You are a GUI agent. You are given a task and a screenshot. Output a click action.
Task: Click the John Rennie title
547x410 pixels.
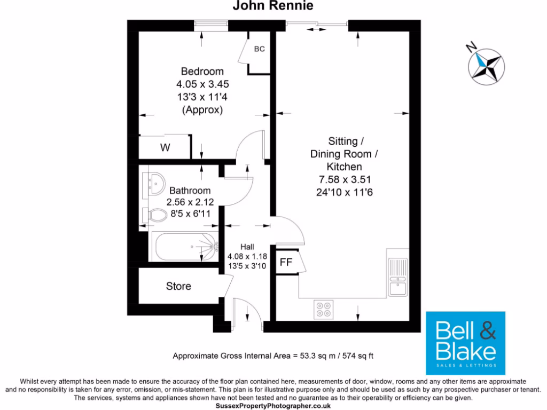point(272,6)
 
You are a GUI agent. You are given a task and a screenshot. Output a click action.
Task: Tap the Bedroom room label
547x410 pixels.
point(202,72)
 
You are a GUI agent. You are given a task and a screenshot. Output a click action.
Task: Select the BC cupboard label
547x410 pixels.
point(259,49)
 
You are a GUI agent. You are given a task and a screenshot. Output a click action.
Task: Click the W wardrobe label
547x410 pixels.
point(165,148)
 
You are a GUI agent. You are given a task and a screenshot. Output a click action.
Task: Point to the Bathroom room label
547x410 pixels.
point(190,191)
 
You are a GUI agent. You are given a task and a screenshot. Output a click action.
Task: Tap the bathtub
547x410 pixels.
point(185,247)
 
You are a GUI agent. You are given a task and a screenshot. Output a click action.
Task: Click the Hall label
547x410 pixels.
point(247,247)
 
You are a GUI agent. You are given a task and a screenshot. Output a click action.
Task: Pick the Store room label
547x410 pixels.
point(178,287)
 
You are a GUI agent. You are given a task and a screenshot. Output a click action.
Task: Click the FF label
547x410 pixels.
point(286,263)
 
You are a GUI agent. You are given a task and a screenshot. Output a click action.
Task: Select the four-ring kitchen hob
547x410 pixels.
point(323,310)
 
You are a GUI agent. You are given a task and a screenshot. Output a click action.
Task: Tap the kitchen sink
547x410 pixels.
point(397,277)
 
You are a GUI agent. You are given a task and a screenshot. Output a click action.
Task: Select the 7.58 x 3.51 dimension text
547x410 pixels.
point(345,180)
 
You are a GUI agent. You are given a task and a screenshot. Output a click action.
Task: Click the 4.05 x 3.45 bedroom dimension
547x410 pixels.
point(202,84)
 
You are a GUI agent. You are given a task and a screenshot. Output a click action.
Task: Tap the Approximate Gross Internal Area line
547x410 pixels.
point(276,356)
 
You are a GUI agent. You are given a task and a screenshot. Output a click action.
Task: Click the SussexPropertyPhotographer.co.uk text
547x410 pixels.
point(273,406)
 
